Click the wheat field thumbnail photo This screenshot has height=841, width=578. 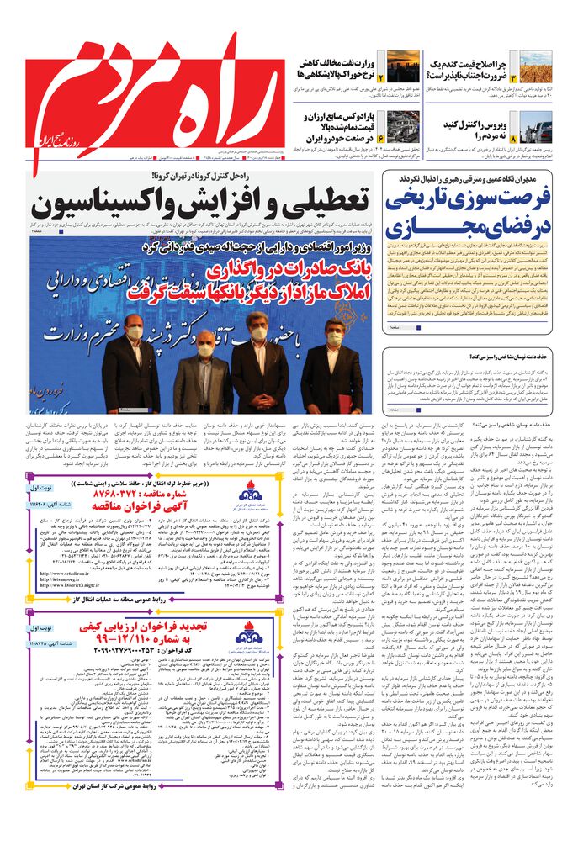536,66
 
